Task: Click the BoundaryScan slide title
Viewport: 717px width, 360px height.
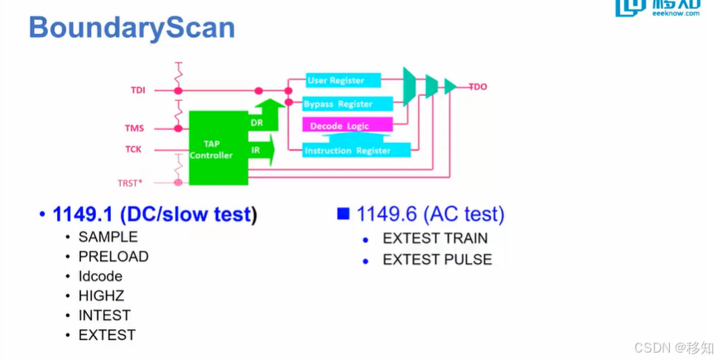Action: (x=132, y=27)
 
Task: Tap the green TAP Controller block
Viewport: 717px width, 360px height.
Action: (x=219, y=148)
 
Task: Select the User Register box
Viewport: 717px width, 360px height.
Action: (x=343, y=80)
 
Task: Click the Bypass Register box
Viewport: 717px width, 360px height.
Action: (x=348, y=104)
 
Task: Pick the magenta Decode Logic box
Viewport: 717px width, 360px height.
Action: (x=348, y=125)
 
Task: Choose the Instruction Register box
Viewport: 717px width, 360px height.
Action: (x=356, y=151)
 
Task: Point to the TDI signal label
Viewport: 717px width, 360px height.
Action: (x=138, y=90)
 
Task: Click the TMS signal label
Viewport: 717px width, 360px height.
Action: (x=134, y=128)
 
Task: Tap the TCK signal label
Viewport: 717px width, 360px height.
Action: (x=133, y=150)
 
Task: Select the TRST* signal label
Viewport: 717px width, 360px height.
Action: (x=130, y=183)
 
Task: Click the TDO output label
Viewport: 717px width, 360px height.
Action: (x=478, y=87)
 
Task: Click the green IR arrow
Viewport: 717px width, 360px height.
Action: (x=262, y=150)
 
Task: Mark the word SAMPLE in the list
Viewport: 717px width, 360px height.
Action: (x=108, y=237)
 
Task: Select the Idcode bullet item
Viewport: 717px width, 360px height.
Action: (x=100, y=276)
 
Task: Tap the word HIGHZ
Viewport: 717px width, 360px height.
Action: (x=101, y=296)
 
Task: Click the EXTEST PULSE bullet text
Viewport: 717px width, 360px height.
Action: (x=437, y=260)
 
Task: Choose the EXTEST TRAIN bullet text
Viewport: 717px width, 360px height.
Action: (x=435, y=238)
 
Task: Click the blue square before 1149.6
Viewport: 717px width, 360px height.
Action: (x=343, y=214)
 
